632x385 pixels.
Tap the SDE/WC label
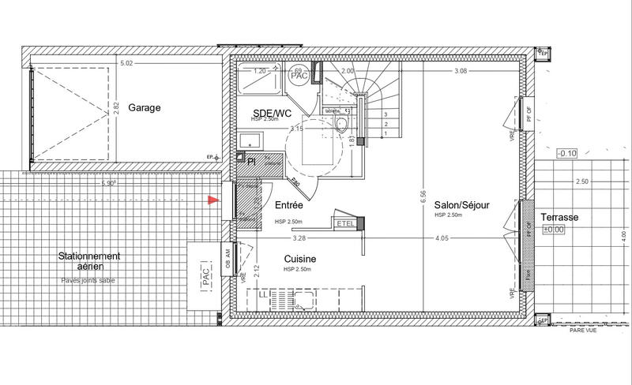click(x=271, y=112)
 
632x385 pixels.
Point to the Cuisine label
click(x=300, y=259)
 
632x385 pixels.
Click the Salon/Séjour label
click(x=461, y=204)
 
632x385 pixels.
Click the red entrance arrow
click(x=211, y=202)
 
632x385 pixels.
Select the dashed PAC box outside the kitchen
click(x=205, y=277)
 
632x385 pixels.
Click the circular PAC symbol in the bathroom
click(x=299, y=75)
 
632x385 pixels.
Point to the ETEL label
click(x=345, y=223)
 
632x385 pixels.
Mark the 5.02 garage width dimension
click(x=126, y=63)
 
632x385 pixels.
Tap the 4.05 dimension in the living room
click(x=441, y=237)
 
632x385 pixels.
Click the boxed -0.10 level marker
click(x=567, y=153)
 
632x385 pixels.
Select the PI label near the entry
click(x=251, y=161)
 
